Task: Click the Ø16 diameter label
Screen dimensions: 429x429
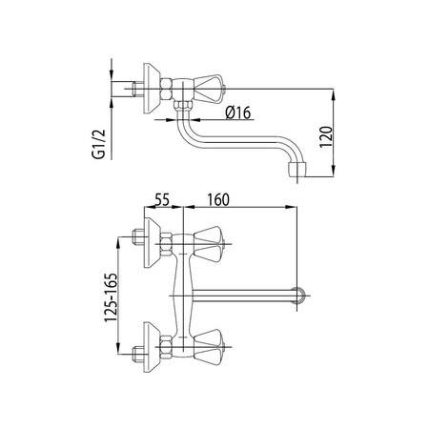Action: (238, 112)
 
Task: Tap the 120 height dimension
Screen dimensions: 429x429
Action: (326, 136)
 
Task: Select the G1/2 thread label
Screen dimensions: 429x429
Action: (98, 144)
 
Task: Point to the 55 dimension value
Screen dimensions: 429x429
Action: (162, 199)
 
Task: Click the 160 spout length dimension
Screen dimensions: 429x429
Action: (218, 199)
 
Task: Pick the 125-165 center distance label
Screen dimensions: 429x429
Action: (111, 297)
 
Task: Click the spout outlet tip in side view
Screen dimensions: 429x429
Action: (297, 170)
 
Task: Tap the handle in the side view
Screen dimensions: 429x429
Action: (209, 89)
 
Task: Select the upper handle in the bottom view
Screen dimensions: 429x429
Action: (209, 244)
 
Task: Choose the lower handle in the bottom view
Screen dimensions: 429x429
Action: (209, 347)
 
